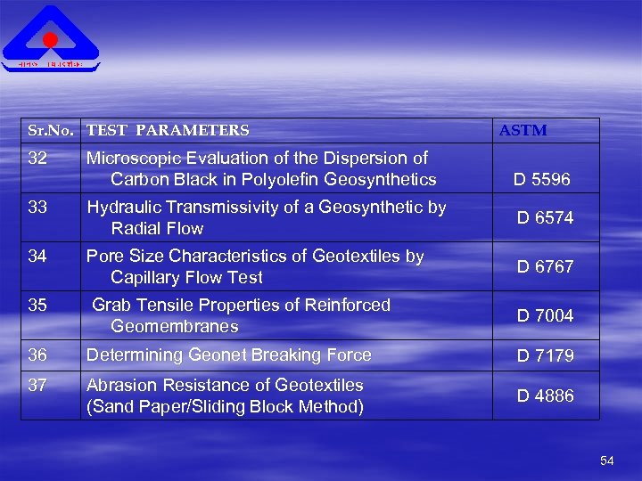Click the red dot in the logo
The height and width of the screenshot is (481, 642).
click(x=51, y=40)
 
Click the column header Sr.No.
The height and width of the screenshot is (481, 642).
click(x=50, y=131)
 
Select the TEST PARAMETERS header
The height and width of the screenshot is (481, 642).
click(x=168, y=131)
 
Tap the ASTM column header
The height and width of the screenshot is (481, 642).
click(x=523, y=131)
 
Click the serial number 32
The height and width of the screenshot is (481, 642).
click(x=37, y=159)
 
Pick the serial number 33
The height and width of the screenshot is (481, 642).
click(x=37, y=208)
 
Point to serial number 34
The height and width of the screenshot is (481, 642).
click(x=37, y=257)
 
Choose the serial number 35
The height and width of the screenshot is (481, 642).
click(x=37, y=306)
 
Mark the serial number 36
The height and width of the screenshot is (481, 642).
click(x=37, y=355)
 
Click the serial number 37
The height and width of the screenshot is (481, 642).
click(x=37, y=386)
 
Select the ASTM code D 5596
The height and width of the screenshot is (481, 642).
click(x=542, y=180)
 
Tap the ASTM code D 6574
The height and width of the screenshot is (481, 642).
click(x=546, y=218)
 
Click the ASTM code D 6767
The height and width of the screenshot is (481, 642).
click(x=546, y=267)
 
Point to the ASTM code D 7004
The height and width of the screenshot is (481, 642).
click(x=546, y=316)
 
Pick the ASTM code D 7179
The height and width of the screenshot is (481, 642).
click(x=546, y=356)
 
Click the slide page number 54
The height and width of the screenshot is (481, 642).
click(x=607, y=461)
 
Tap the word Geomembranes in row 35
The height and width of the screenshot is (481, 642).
click(x=175, y=327)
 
